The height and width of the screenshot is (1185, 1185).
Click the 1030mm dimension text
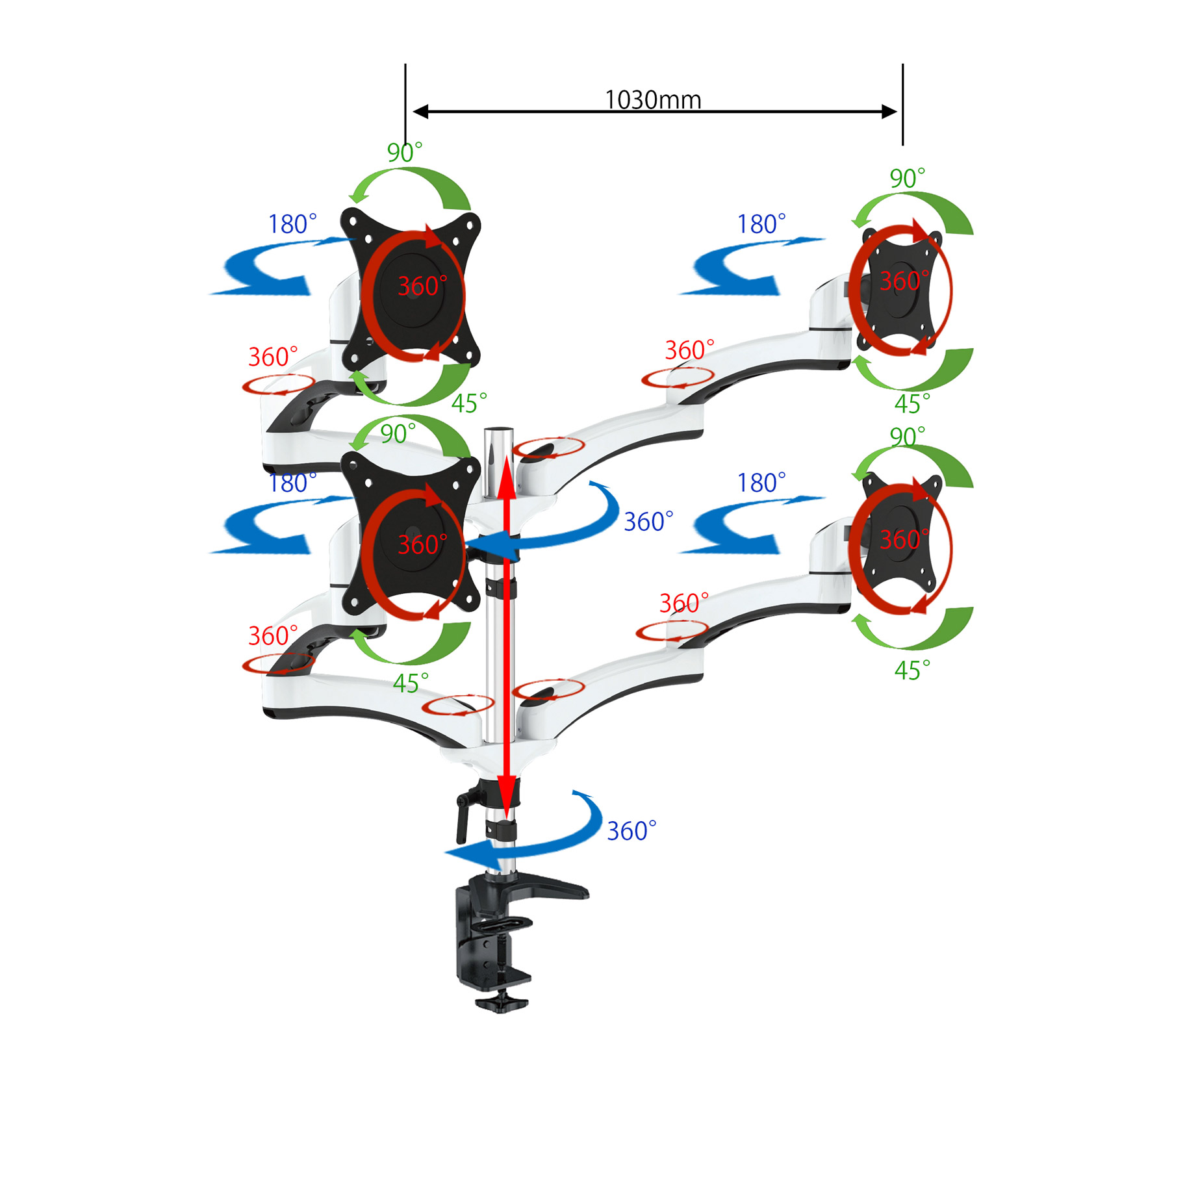click(652, 100)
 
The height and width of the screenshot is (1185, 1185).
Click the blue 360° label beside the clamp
click(631, 831)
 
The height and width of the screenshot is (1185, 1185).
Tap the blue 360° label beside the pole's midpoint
click(648, 522)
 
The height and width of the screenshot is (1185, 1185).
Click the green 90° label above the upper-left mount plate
click(404, 153)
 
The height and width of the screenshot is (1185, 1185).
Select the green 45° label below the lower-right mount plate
click(911, 670)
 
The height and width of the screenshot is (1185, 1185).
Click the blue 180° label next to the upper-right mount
click(760, 225)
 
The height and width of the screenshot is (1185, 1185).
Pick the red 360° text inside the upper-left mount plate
click(422, 287)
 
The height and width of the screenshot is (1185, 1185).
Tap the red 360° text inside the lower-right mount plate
click(904, 539)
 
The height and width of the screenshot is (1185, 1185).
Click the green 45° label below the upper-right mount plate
click(911, 404)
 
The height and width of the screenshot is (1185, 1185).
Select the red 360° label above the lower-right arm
click(683, 604)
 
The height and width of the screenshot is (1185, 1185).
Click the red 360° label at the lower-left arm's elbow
click(272, 636)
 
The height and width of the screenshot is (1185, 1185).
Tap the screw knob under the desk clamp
click(502, 1003)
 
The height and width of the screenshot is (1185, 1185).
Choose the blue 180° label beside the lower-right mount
click(760, 483)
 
